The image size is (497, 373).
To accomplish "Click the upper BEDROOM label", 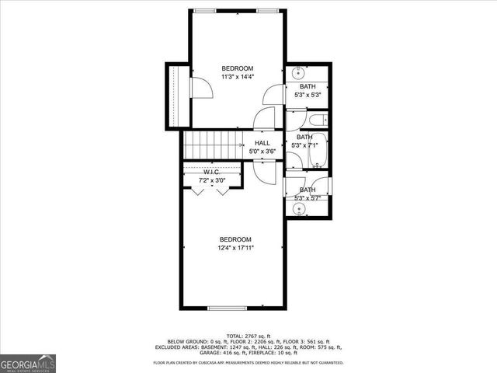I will tap(237, 68).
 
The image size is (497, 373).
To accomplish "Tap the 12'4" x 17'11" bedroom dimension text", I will tap(237, 247).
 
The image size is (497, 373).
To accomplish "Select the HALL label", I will tap(262, 143).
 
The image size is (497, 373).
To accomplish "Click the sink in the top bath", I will tap(298, 74).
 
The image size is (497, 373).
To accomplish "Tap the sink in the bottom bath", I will tap(298, 207).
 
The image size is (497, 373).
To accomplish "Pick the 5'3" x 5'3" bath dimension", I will tap(308, 95).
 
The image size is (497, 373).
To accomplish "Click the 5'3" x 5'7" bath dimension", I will tap(308, 198).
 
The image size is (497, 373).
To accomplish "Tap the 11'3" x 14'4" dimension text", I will tap(237, 77).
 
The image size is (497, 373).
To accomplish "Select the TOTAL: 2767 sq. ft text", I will tap(248, 335).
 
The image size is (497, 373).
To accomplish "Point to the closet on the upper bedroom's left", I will tap(173, 97).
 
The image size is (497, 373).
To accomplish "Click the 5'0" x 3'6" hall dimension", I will tap(262, 152).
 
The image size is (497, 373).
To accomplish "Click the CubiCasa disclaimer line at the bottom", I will tap(248, 362).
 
